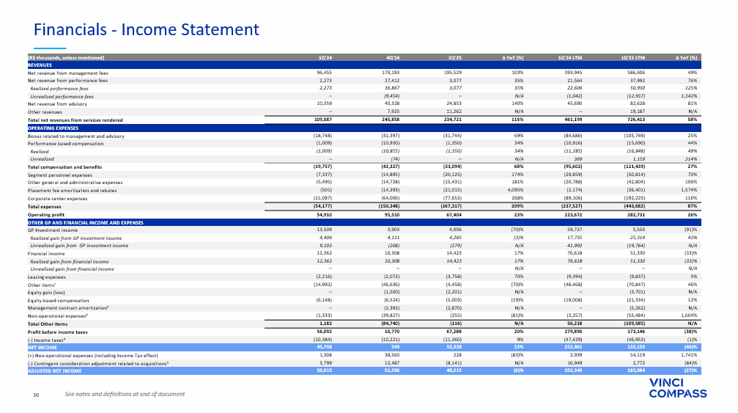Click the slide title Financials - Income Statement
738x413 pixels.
pos(139,29)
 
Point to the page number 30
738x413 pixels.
pos(34,395)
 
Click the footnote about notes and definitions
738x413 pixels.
pos(125,395)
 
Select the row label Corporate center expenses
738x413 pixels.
pos(57,198)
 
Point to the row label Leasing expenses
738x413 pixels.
pos(48,277)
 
